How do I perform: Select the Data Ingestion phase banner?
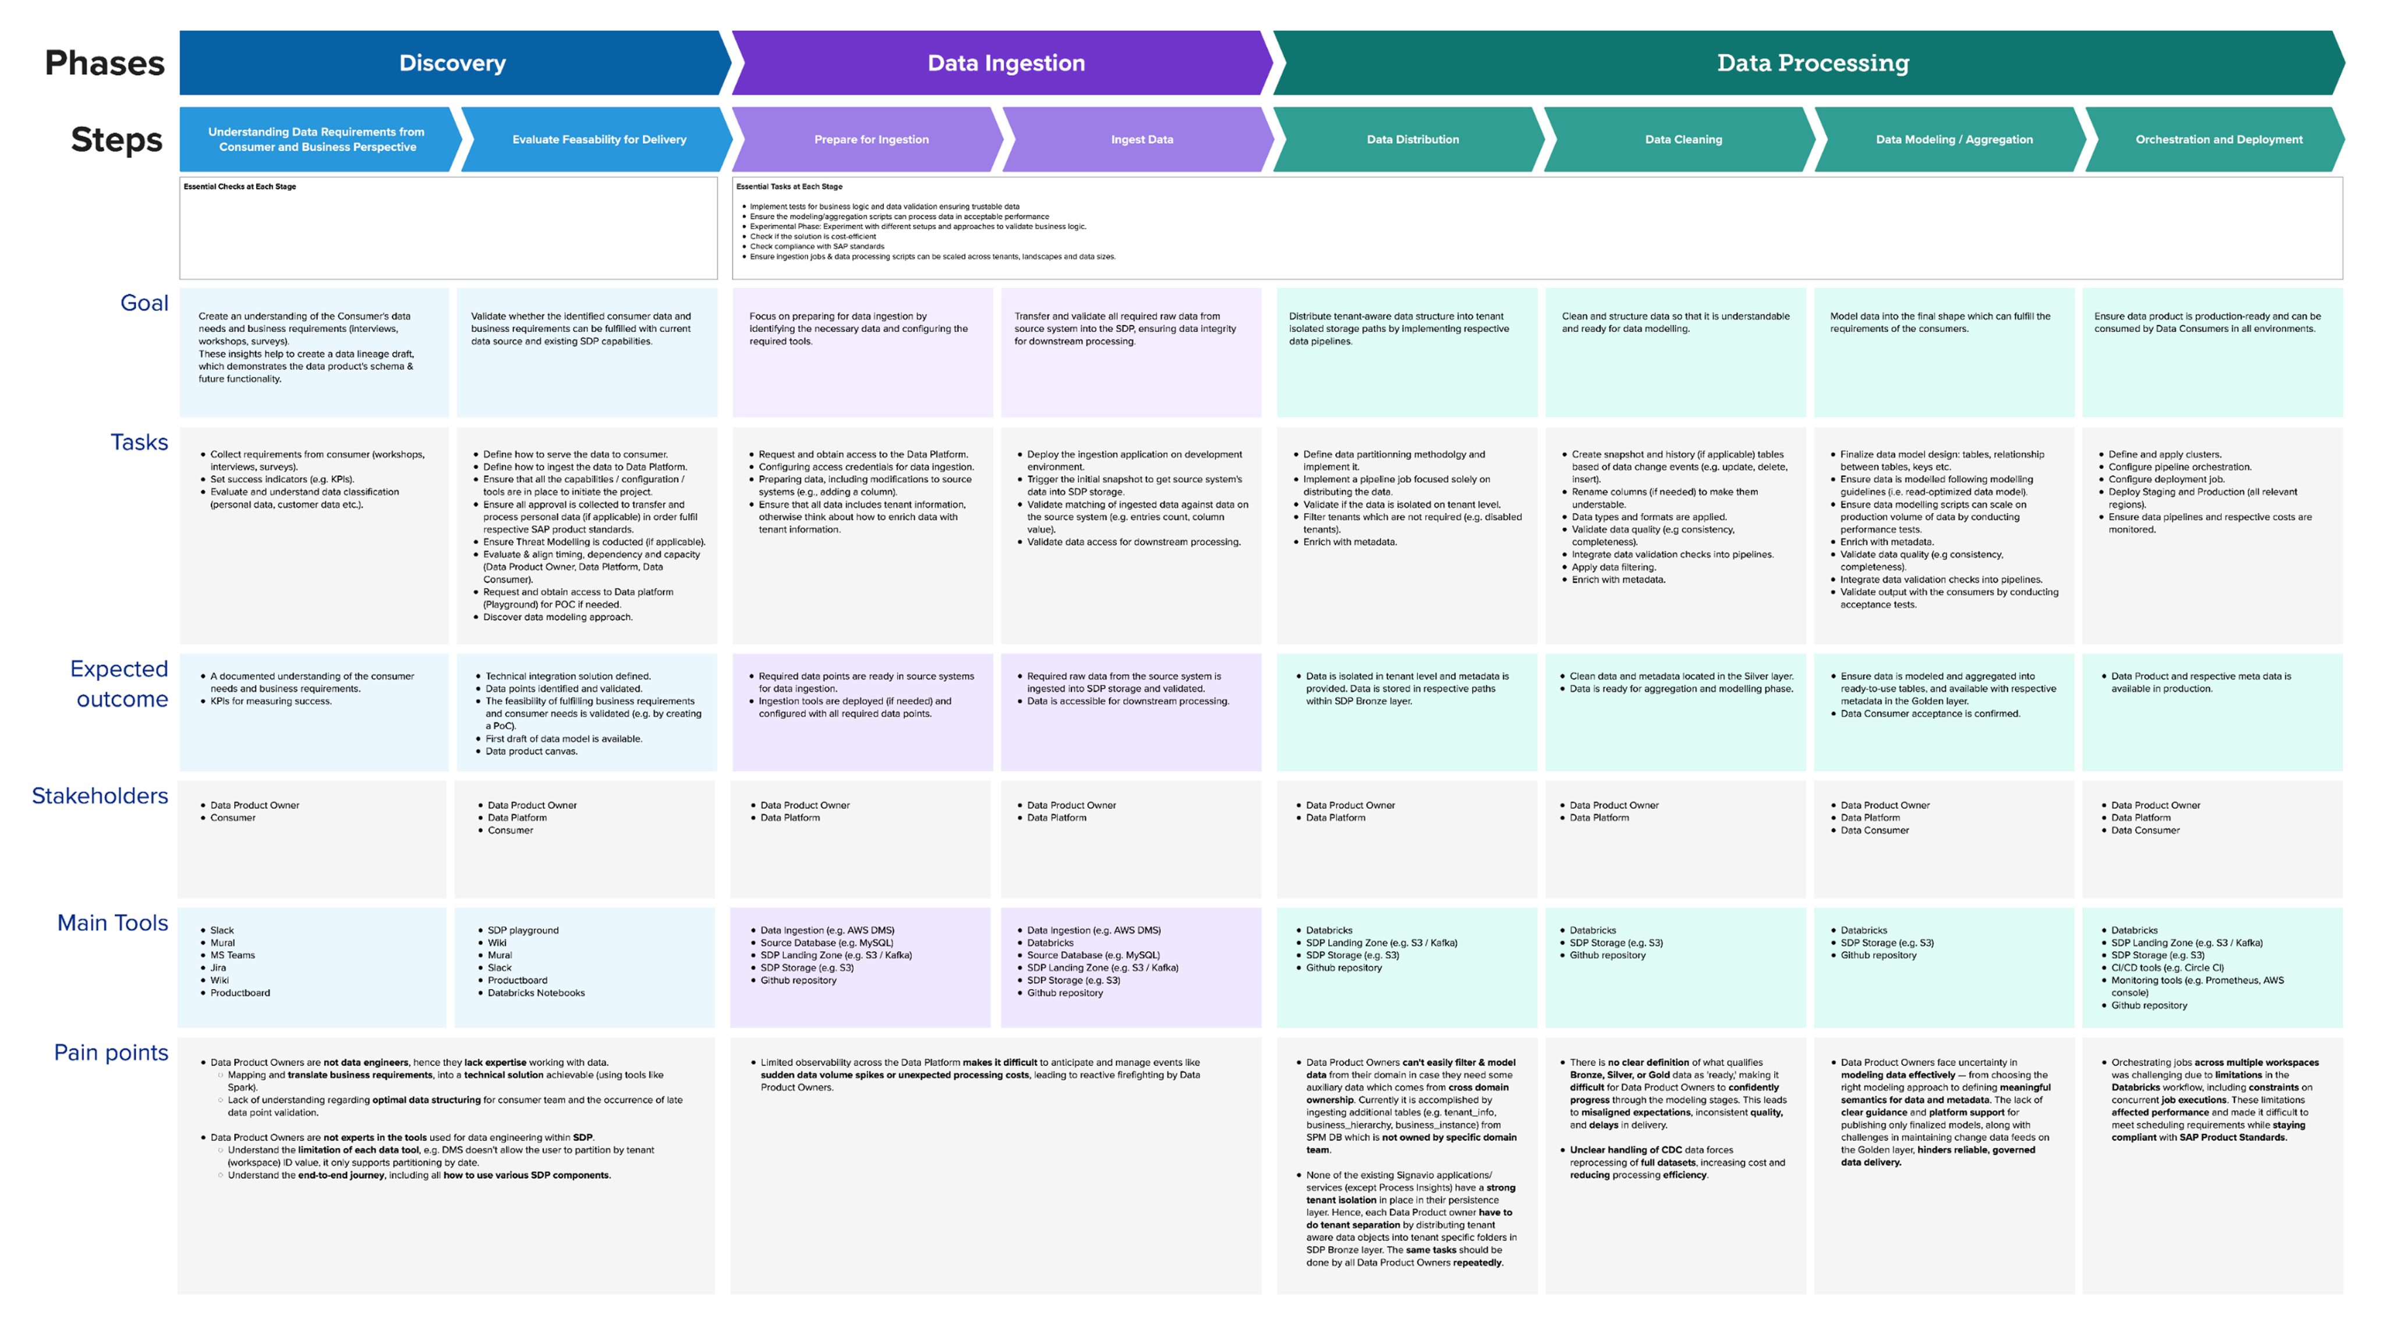point(1006,63)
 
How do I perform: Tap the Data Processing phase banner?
point(1812,63)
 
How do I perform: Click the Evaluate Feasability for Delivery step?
point(599,140)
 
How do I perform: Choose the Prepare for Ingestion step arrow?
point(871,140)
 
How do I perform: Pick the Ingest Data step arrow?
point(1142,140)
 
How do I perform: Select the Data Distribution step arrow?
point(1412,140)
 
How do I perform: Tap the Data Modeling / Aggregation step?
point(1954,140)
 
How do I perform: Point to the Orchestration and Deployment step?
point(2218,140)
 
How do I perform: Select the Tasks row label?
point(139,442)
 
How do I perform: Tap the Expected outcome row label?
point(119,683)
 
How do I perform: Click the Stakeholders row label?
point(100,796)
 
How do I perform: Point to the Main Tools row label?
point(113,923)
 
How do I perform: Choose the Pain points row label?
point(111,1052)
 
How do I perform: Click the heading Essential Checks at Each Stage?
point(240,187)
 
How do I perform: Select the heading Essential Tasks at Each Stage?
point(789,187)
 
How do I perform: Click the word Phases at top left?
point(105,63)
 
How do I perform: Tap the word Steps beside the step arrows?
point(116,140)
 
